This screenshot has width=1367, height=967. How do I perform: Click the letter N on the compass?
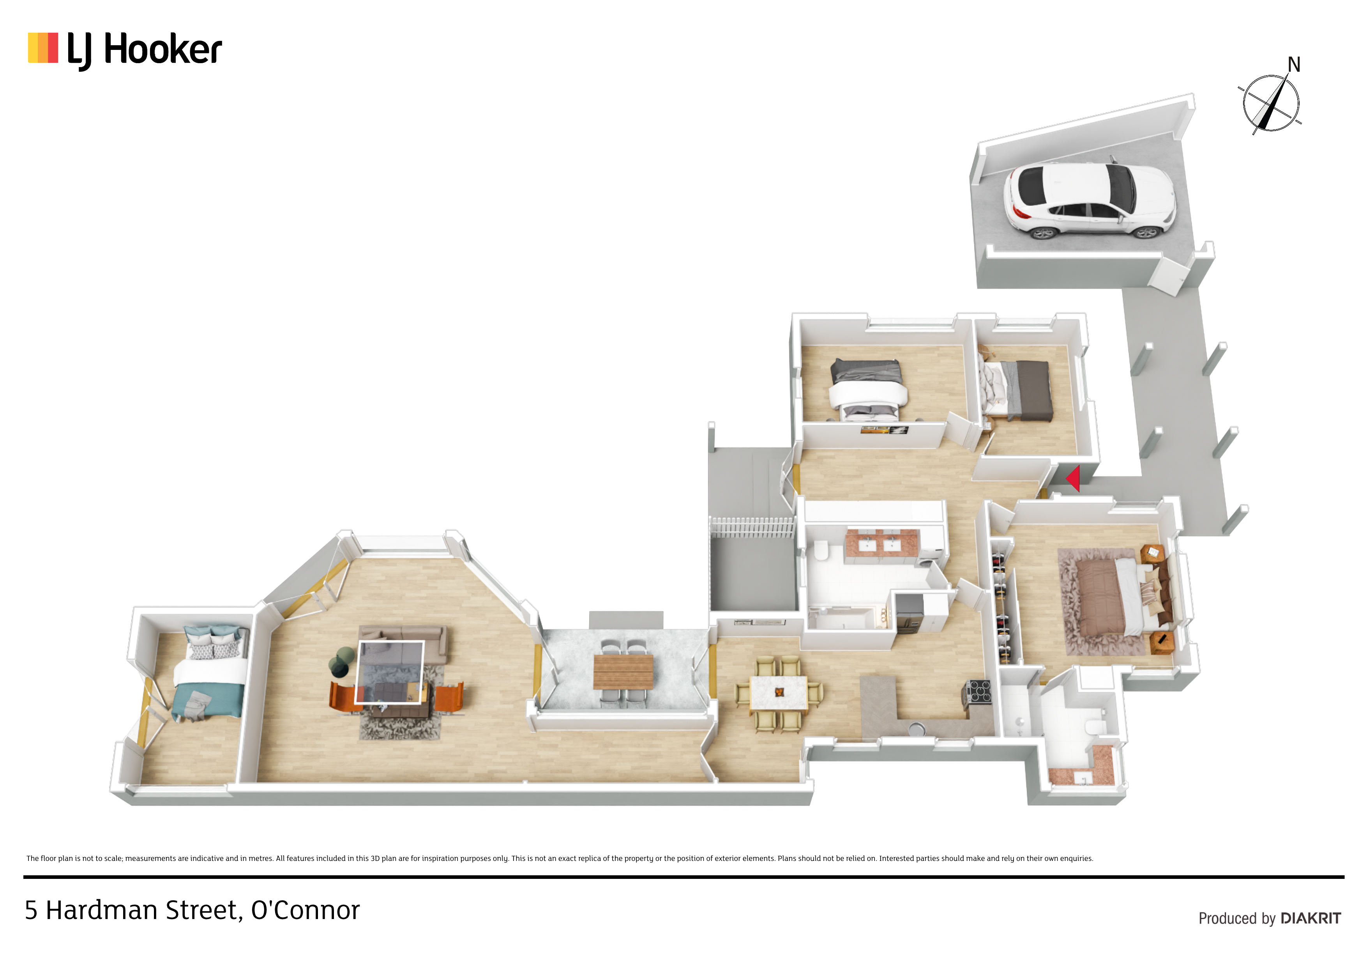click(x=1293, y=64)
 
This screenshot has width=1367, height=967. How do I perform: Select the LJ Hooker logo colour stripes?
click(x=43, y=48)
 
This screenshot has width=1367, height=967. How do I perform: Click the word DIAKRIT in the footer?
click(x=1310, y=918)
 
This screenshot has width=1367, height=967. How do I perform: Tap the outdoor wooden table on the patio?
click(x=623, y=671)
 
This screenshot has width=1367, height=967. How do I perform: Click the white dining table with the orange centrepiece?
click(x=779, y=692)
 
